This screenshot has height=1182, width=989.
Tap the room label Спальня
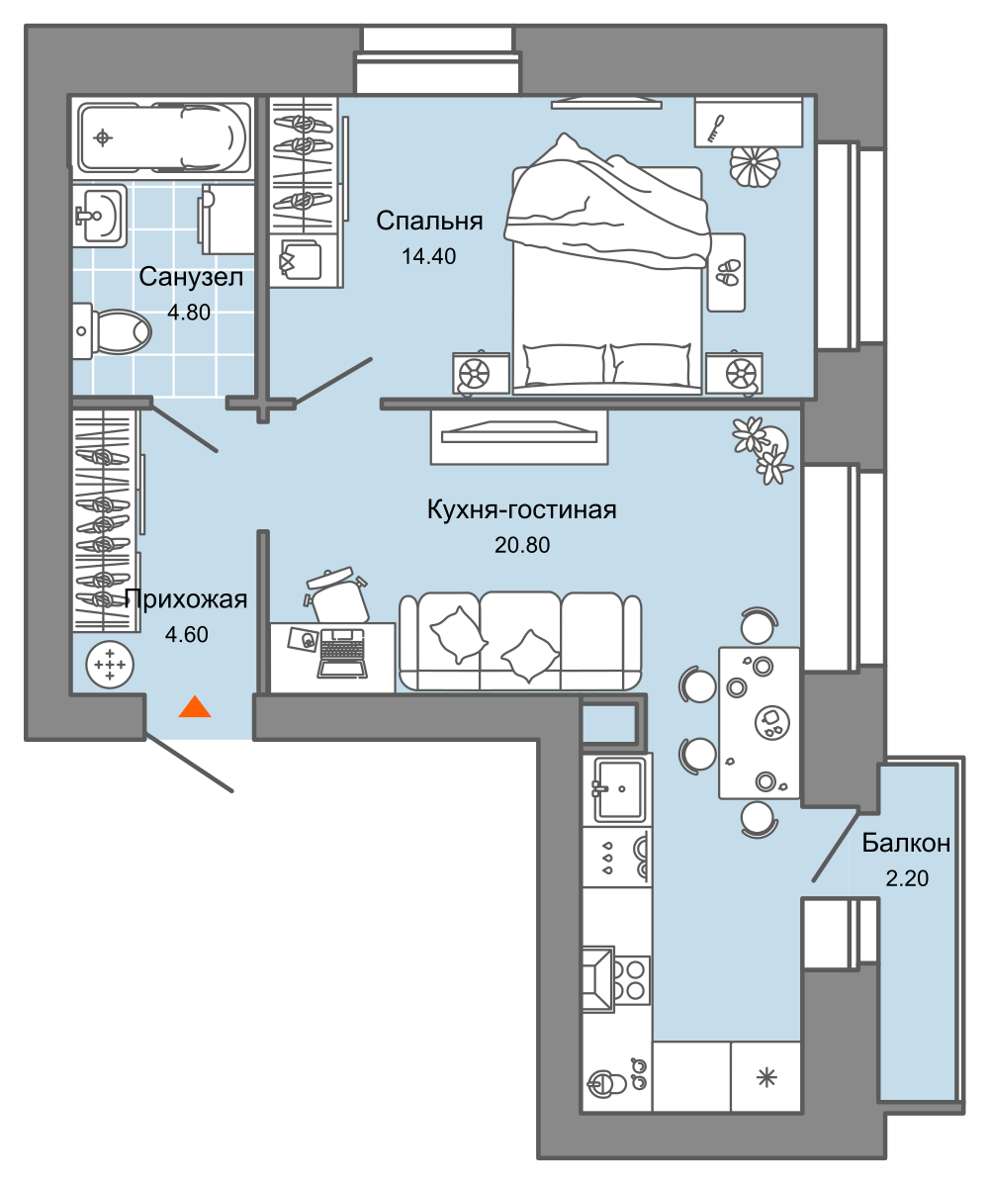429,221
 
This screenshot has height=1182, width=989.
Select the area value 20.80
521,544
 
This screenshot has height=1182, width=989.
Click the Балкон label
905,842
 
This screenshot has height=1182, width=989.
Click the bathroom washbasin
100,216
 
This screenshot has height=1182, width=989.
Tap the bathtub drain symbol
103,137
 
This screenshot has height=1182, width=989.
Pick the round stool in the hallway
110,665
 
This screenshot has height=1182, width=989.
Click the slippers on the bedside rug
727,272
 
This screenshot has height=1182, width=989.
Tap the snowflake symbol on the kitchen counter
766,1077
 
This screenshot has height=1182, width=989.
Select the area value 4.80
189,313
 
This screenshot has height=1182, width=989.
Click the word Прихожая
186,599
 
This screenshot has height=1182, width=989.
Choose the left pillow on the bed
565,364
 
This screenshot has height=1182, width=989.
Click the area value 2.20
906,878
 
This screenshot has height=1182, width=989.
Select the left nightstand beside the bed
481,372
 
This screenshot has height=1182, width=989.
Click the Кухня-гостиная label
521,509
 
